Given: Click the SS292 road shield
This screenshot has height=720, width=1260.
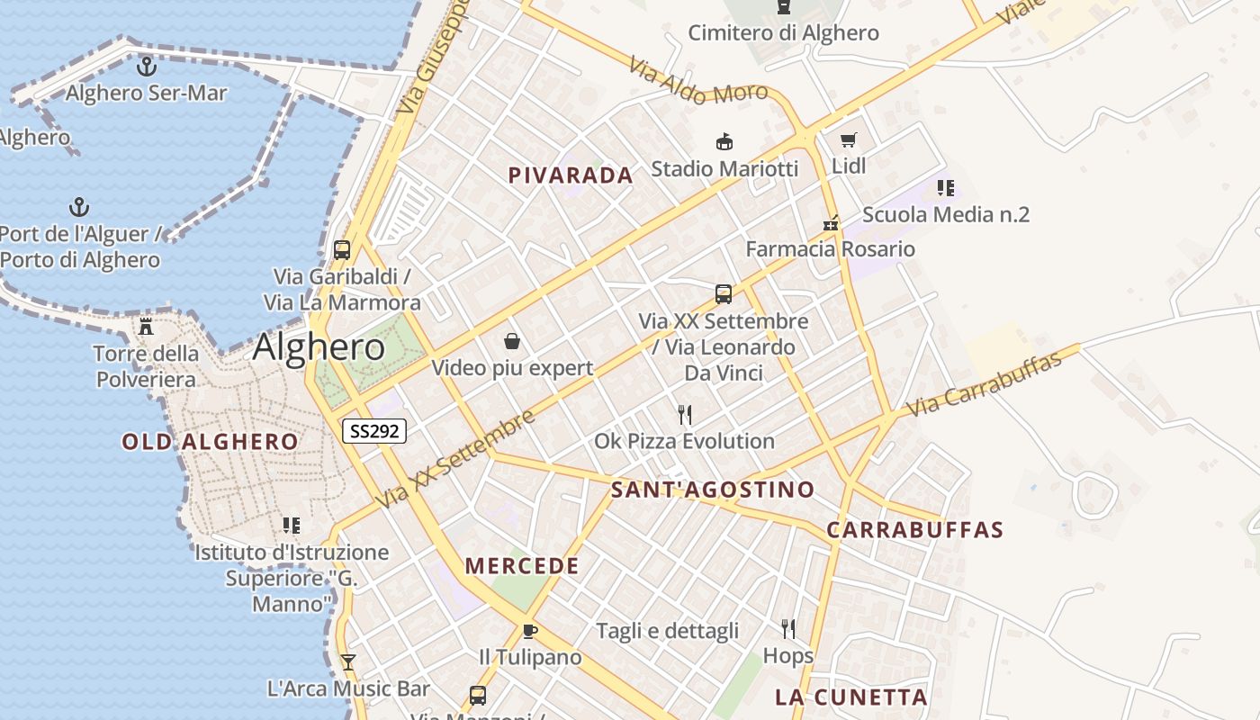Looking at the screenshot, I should pos(374,431).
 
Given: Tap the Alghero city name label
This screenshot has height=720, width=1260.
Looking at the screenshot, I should pos(319,347).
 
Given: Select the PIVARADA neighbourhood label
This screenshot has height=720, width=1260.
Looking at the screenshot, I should pos(571,175).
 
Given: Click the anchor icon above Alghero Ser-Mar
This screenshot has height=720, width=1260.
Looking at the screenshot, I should pos(146,66).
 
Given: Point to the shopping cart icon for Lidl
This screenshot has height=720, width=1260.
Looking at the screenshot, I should pos(848,139).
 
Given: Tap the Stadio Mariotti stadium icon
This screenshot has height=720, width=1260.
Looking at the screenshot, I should pos(724,142).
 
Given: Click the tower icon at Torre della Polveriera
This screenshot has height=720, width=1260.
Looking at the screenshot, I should pos(146,326).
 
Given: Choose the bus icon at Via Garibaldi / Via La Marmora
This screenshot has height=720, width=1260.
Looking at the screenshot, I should pos(341,250).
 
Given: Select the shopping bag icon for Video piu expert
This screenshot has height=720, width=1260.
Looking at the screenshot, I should pos(512,341).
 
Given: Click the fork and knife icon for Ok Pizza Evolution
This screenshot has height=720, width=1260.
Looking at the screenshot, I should pos(685,415).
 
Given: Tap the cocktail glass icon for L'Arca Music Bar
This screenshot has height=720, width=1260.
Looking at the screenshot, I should pos(348,662).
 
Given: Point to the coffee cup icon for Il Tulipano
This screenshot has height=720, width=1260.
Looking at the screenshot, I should pos(529,631).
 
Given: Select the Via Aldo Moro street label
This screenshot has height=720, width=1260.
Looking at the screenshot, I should pos(697,80).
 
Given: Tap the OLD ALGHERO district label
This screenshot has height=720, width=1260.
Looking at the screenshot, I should pos(210,442).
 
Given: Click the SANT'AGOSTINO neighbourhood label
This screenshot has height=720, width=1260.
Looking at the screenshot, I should pos(713,490).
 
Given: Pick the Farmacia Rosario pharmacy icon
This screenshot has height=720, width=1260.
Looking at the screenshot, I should pos(830,223).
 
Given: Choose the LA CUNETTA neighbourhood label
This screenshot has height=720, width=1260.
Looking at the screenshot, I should pos(850,697).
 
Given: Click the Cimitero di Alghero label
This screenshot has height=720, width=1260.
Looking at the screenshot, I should pos(783,33).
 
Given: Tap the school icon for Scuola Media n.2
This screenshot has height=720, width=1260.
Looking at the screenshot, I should pos(945,188).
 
